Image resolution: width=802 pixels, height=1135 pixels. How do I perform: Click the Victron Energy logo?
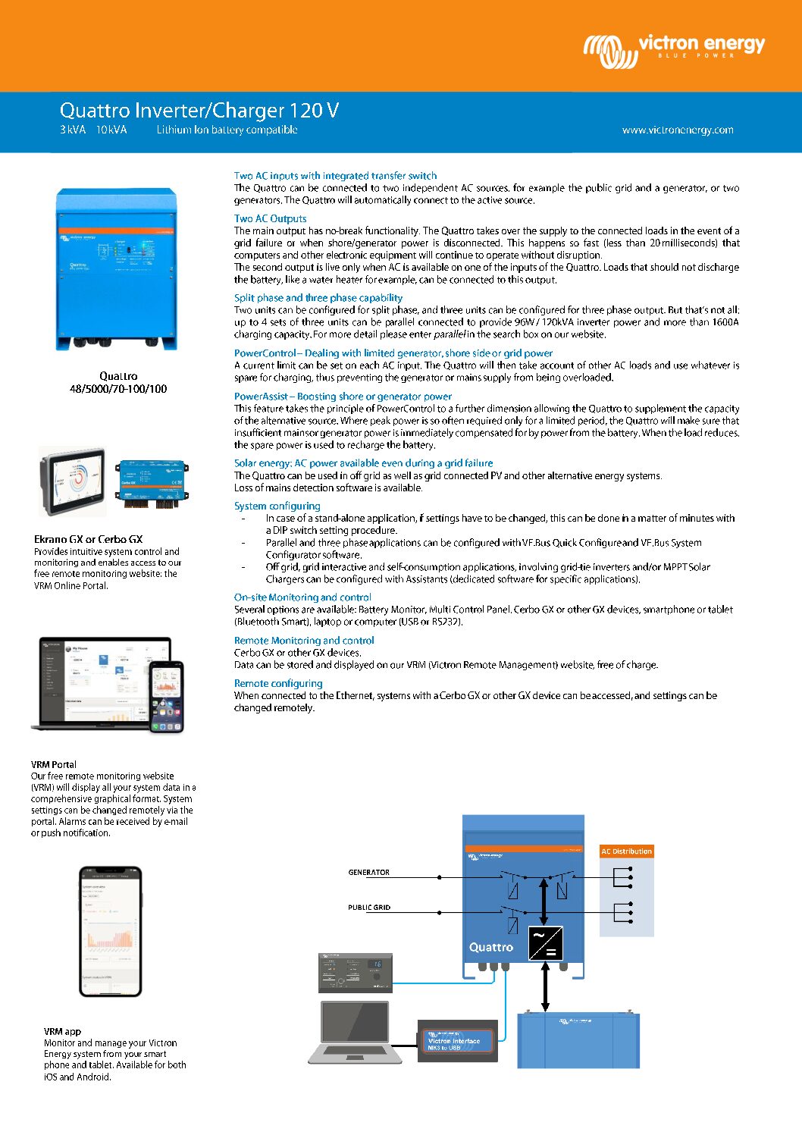[673, 49]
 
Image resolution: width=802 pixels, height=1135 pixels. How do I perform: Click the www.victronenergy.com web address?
[678, 130]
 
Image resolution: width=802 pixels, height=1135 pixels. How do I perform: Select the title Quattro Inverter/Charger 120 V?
[199, 111]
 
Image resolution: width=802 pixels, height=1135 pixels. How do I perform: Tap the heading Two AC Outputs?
[270, 218]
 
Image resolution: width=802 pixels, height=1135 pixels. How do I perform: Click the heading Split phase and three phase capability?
[318, 298]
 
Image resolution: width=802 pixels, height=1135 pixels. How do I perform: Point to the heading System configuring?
[277, 506]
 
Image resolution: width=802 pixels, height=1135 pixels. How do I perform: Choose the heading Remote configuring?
[278, 683]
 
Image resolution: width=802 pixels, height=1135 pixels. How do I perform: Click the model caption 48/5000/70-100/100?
[118, 389]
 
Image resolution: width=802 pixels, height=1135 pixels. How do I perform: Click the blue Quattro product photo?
[116, 269]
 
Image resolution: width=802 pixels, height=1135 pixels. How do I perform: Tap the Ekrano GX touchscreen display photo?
[73, 481]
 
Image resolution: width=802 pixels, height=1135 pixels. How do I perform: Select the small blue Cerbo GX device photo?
[152, 483]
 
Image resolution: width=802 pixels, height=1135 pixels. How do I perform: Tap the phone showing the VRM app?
[111, 931]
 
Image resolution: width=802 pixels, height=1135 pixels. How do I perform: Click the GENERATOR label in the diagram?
[368, 873]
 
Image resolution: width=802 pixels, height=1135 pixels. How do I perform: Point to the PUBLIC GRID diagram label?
[369, 908]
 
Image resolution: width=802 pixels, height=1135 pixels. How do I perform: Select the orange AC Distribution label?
[626, 851]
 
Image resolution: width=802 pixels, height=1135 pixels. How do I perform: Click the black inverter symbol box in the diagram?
[545, 943]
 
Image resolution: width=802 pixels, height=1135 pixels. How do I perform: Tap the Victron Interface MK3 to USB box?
[457, 1041]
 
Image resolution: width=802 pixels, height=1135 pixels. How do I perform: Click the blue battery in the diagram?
[578, 1041]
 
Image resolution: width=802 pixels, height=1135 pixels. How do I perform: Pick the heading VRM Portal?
[54, 764]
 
